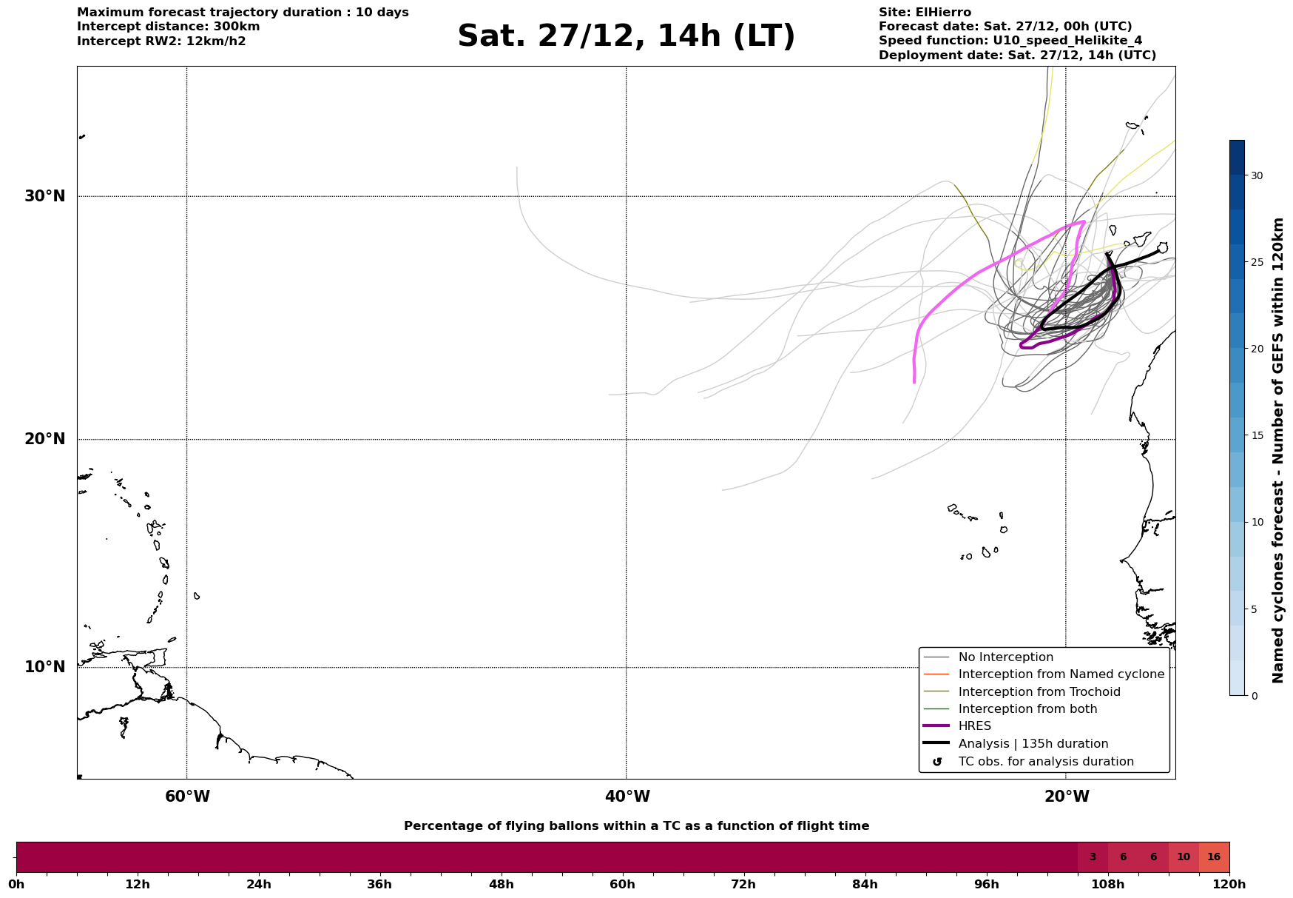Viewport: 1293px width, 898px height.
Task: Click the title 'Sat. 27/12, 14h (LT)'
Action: pos(626,36)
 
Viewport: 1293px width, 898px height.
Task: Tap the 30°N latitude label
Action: pos(45,196)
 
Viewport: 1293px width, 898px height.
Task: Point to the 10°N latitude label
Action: pos(45,667)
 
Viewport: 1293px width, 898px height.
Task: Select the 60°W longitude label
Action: pos(187,797)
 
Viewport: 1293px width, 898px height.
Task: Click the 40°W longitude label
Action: pos(627,797)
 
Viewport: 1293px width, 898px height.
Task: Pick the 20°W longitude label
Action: pos(1067,797)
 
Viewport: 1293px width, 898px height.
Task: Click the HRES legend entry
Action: pos(974,726)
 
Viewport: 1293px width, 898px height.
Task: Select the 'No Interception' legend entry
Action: pos(1005,657)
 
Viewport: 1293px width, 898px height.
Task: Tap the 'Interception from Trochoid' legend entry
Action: pos(1039,692)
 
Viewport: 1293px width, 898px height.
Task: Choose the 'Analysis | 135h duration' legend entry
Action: pos(1033,744)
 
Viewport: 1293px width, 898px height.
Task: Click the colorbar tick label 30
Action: pos(1257,175)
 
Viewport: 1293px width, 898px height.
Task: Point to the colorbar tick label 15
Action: pos(1257,435)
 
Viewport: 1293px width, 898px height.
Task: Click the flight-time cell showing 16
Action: pos(1214,857)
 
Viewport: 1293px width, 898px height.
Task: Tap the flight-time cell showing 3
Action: pos(1093,857)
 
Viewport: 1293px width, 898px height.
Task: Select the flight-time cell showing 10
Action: pos(1184,857)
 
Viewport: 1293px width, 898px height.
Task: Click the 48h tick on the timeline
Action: pos(501,884)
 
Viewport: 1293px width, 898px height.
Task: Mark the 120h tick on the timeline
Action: pos(1229,884)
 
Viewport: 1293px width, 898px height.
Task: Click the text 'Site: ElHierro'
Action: pos(925,13)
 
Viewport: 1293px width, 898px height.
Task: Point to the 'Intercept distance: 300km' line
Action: pos(168,27)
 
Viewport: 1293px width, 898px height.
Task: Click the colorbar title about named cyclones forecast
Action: pos(1277,450)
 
